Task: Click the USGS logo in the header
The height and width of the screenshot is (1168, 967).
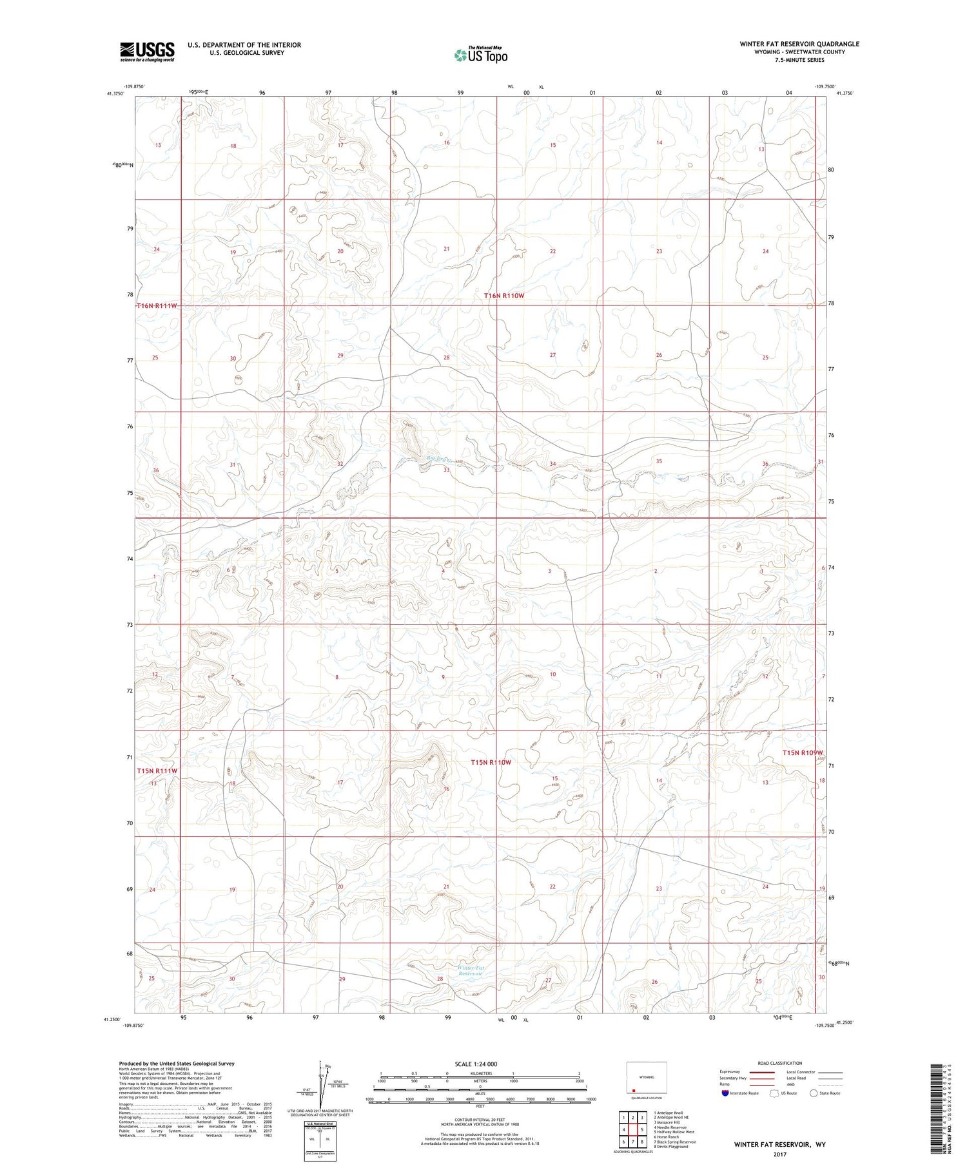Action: (x=147, y=52)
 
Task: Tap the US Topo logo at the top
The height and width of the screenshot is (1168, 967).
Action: (x=480, y=55)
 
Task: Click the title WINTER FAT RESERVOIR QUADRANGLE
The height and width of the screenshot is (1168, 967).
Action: (x=799, y=44)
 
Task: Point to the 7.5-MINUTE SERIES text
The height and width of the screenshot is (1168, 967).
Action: (x=799, y=60)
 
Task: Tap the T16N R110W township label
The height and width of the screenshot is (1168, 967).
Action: (x=513, y=296)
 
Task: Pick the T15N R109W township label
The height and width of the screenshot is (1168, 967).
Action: (x=803, y=752)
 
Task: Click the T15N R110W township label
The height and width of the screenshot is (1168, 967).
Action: (x=491, y=762)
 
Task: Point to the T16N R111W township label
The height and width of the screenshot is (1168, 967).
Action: (x=157, y=305)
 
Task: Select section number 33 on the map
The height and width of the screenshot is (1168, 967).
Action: (x=446, y=470)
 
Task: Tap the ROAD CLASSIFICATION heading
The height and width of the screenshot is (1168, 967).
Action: (x=780, y=1063)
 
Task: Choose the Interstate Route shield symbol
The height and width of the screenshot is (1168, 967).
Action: (x=726, y=1093)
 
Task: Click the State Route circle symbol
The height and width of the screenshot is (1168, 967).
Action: (x=814, y=1093)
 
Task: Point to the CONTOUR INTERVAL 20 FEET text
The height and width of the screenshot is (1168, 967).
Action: (x=480, y=1120)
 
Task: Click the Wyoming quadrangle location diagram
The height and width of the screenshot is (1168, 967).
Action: (x=647, y=1078)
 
